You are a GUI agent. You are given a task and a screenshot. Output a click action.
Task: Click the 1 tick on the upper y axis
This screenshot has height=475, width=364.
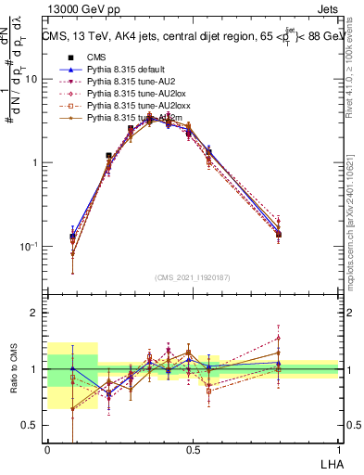[x=38, y=162]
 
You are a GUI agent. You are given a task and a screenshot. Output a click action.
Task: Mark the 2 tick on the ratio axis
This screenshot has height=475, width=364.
[x=38, y=314]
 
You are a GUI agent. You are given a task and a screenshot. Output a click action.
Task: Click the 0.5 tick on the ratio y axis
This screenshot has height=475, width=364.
[x=33, y=426]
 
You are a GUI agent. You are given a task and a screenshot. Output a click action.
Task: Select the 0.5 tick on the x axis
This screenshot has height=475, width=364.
[x=193, y=450]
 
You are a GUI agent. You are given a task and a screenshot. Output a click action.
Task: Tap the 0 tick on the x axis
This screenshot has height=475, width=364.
[x=47, y=450]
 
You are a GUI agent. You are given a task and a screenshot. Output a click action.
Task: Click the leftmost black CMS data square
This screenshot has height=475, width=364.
[x=73, y=237]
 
